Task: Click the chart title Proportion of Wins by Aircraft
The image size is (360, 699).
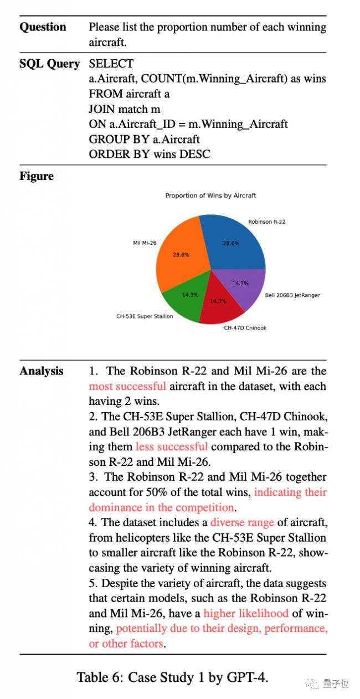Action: pos(210,196)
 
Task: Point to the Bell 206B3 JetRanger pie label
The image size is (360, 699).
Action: pos(292,295)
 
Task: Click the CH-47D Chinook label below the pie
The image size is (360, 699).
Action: pos(245,328)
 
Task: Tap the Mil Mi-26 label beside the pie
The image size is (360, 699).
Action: pos(145,243)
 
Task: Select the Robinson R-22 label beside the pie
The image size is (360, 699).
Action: pos(267,222)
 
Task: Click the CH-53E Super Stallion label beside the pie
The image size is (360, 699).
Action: pos(145,316)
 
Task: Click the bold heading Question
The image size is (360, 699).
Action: pos(43,27)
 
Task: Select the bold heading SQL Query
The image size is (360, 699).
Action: pos(49,64)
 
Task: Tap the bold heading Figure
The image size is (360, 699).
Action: pos(37,176)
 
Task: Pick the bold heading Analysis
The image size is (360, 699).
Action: pos(42,371)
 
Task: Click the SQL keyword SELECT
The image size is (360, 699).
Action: pos(111,64)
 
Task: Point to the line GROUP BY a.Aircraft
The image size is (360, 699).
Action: pos(144,139)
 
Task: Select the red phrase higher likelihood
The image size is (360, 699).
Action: pos(246,613)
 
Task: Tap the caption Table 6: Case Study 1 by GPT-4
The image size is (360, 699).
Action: pos(172,677)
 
